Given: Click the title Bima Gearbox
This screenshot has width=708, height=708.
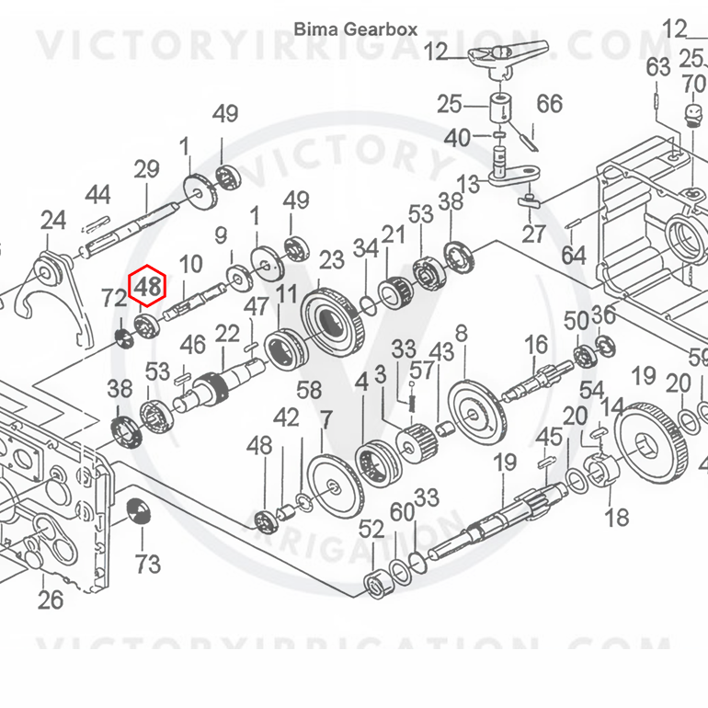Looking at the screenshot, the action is [x=356, y=29].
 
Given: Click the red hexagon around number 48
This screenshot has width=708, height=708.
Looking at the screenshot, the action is [x=147, y=286].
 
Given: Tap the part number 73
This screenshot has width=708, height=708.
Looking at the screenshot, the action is [x=148, y=565].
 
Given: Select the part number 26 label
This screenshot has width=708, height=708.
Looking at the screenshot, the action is [x=51, y=600].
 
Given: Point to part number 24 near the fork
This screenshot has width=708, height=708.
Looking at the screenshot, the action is [x=53, y=221].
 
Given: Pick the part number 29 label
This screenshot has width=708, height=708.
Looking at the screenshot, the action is [x=147, y=169].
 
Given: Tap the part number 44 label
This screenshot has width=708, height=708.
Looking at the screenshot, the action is [x=98, y=195].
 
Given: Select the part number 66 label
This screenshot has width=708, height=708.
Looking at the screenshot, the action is [x=550, y=104].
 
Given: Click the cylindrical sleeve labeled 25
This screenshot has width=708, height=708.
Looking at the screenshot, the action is [x=501, y=107].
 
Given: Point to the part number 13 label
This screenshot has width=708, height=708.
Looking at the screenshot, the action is [x=468, y=184].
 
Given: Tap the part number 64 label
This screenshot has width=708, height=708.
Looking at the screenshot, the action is [x=574, y=255].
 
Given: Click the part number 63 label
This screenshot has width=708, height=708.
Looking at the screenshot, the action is [x=657, y=67].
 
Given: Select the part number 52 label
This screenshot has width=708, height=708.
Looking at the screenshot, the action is [x=371, y=530].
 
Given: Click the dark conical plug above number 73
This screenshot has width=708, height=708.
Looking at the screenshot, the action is [x=139, y=511].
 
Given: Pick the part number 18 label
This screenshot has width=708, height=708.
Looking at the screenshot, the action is [x=616, y=518].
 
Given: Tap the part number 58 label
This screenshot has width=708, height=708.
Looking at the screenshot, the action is [x=309, y=390].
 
